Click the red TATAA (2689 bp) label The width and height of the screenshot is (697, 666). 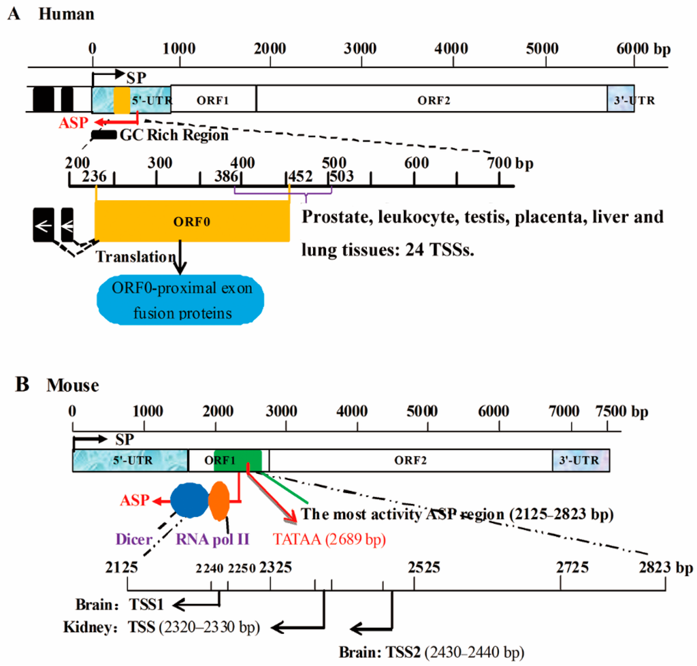click(329, 540)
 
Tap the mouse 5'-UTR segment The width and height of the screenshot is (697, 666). click(129, 461)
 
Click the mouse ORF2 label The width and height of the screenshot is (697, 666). click(410, 461)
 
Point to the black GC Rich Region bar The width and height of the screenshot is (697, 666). click(103, 135)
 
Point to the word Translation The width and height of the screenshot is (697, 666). click(135, 257)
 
